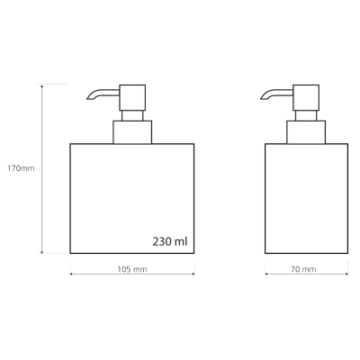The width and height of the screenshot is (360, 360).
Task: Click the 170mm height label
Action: coord(21,168)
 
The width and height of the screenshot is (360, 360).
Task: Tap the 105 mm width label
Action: coord(132,269)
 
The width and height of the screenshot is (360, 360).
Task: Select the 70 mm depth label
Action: coord(303,269)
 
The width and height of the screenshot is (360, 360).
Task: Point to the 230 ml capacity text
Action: coord(170,241)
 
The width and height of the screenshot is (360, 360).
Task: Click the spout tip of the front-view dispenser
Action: coord(87,98)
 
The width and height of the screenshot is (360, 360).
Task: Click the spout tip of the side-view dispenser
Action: coord(261,98)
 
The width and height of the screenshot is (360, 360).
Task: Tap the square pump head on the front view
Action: coord(132,97)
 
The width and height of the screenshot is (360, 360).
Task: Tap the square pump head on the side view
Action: coord(306,97)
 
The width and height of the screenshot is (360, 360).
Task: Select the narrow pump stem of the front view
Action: coord(132,115)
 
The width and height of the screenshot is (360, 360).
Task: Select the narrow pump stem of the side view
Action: coord(306,115)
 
